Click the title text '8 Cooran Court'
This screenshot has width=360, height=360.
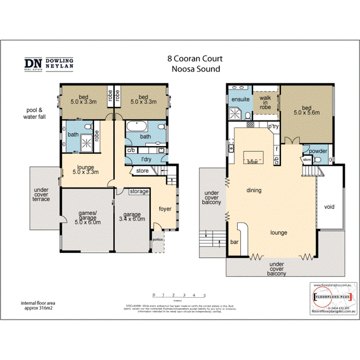coord(195,59)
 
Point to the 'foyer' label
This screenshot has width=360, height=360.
coord(165,209)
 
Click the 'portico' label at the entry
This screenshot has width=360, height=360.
coord(158,240)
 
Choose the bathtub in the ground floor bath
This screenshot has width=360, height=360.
coord(138,127)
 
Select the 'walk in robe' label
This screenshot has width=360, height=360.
coord(265,103)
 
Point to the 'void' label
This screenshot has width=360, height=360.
coord(329,207)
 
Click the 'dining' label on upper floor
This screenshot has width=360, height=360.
coord(254,190)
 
